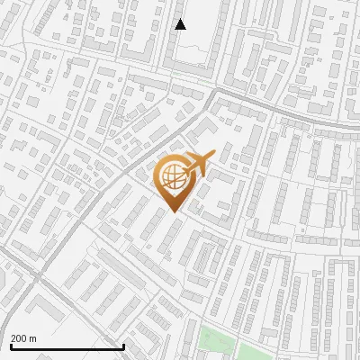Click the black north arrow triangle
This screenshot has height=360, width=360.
tap(180, 24)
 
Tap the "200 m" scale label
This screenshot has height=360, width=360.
tap(23, 337)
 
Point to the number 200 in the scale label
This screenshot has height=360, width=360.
tap(19, 337)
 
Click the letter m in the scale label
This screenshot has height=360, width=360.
tap(33, 337)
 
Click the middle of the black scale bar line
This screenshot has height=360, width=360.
tap(67, 346)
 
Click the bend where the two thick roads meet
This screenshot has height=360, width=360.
tap(212, 92)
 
